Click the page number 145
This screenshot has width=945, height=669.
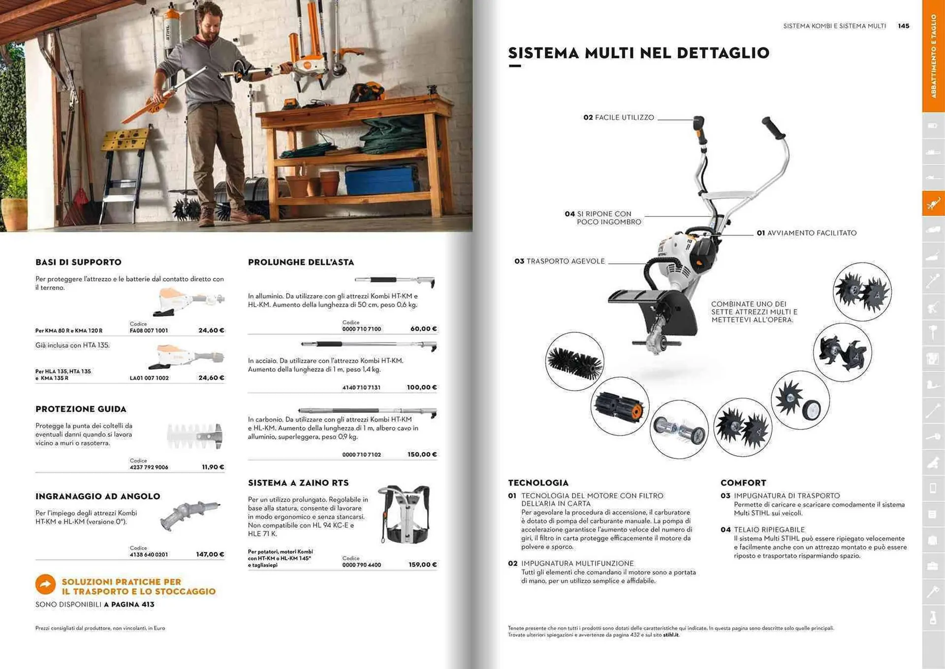[903, 26]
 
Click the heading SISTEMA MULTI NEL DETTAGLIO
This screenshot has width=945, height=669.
[638, 53]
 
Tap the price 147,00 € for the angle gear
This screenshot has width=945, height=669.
[210, 555]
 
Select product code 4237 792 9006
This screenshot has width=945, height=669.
[149, 468]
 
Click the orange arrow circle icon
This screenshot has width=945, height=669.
[46, 585]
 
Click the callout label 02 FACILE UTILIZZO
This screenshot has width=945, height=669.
[619, 118]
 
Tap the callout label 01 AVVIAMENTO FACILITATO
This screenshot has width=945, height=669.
[807, 233]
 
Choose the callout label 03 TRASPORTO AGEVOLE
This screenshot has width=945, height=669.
[560, 262]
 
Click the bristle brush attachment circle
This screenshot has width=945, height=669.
[574, 362]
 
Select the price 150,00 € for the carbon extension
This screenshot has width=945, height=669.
[422, 455]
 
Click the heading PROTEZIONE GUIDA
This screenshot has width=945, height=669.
[81, 409]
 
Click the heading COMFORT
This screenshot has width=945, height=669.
[743, 483]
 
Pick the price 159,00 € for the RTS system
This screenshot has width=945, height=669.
[422, 565]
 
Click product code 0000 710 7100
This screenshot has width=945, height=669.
[362, 329]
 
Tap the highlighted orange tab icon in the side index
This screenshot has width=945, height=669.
[933, 203]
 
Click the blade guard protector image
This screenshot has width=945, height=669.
[195, 436]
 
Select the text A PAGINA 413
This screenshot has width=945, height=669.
[129, 605]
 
